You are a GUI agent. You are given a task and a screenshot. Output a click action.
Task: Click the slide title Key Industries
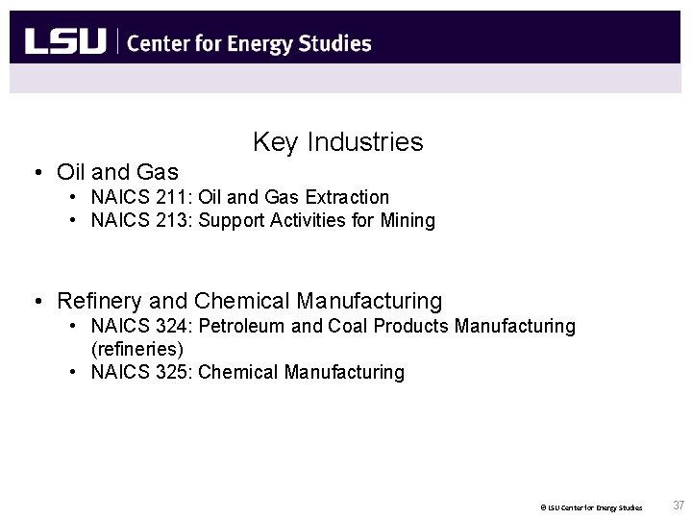point(337,143)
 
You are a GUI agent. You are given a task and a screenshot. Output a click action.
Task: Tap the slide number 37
point(679,505)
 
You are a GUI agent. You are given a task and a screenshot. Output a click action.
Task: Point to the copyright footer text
point(590,507)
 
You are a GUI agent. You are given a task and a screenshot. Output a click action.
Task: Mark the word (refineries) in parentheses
point(136,349)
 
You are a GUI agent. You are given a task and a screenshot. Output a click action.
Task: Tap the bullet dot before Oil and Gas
point(36,173)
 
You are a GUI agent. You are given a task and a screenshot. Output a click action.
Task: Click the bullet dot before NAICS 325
point(74,372)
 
